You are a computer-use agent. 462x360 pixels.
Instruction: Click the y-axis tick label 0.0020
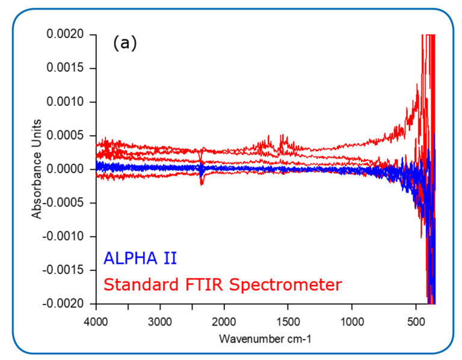coord(68,35)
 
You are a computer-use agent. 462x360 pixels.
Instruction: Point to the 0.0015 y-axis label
coord(68,69)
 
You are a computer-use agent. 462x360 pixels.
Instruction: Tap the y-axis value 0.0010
coord(68,102)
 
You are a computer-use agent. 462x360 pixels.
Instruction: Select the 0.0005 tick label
coord(68,135)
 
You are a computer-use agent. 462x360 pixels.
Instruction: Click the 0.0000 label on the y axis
coord(68,169)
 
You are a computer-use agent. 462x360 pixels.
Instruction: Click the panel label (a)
coord(125,44)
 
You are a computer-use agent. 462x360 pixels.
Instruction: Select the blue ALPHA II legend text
coord(140,258)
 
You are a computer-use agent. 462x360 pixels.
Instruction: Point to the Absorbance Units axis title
coord(37,169)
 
